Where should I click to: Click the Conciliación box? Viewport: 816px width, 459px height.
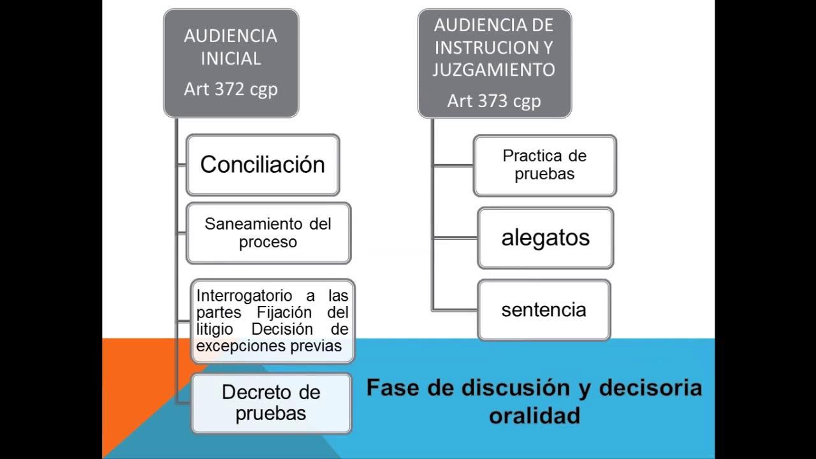(263, 164)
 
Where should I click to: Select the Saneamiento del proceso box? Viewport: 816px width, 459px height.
(268, 233)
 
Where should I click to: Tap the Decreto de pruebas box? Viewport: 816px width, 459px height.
(271, 403)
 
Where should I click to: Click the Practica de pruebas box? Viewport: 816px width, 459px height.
(544, 165)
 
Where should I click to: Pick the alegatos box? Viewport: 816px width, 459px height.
(545, 238)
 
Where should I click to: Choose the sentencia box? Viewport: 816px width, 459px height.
(544, 310)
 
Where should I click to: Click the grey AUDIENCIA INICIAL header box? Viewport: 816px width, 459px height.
(231, 62)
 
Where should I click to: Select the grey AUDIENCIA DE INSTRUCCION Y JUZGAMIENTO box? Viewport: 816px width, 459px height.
(494, 62)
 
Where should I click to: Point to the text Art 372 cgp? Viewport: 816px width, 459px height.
(231, 89)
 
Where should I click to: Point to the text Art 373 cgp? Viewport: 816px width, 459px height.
(494, 101)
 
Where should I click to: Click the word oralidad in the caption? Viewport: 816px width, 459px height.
(534, 415)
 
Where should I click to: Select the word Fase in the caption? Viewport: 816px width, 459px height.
(394, 388)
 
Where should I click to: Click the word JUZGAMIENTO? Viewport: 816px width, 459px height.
(494, 69)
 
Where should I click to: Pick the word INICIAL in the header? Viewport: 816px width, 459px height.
(231, 59)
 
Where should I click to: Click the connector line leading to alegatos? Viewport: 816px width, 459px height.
(455, 238)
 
